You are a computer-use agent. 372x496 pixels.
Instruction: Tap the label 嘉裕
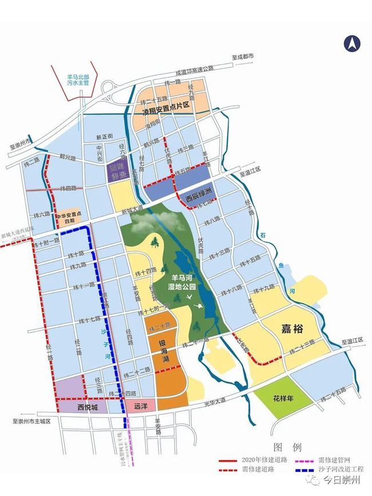coord(293,328)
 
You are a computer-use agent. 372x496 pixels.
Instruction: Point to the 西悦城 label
coord(88,407)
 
